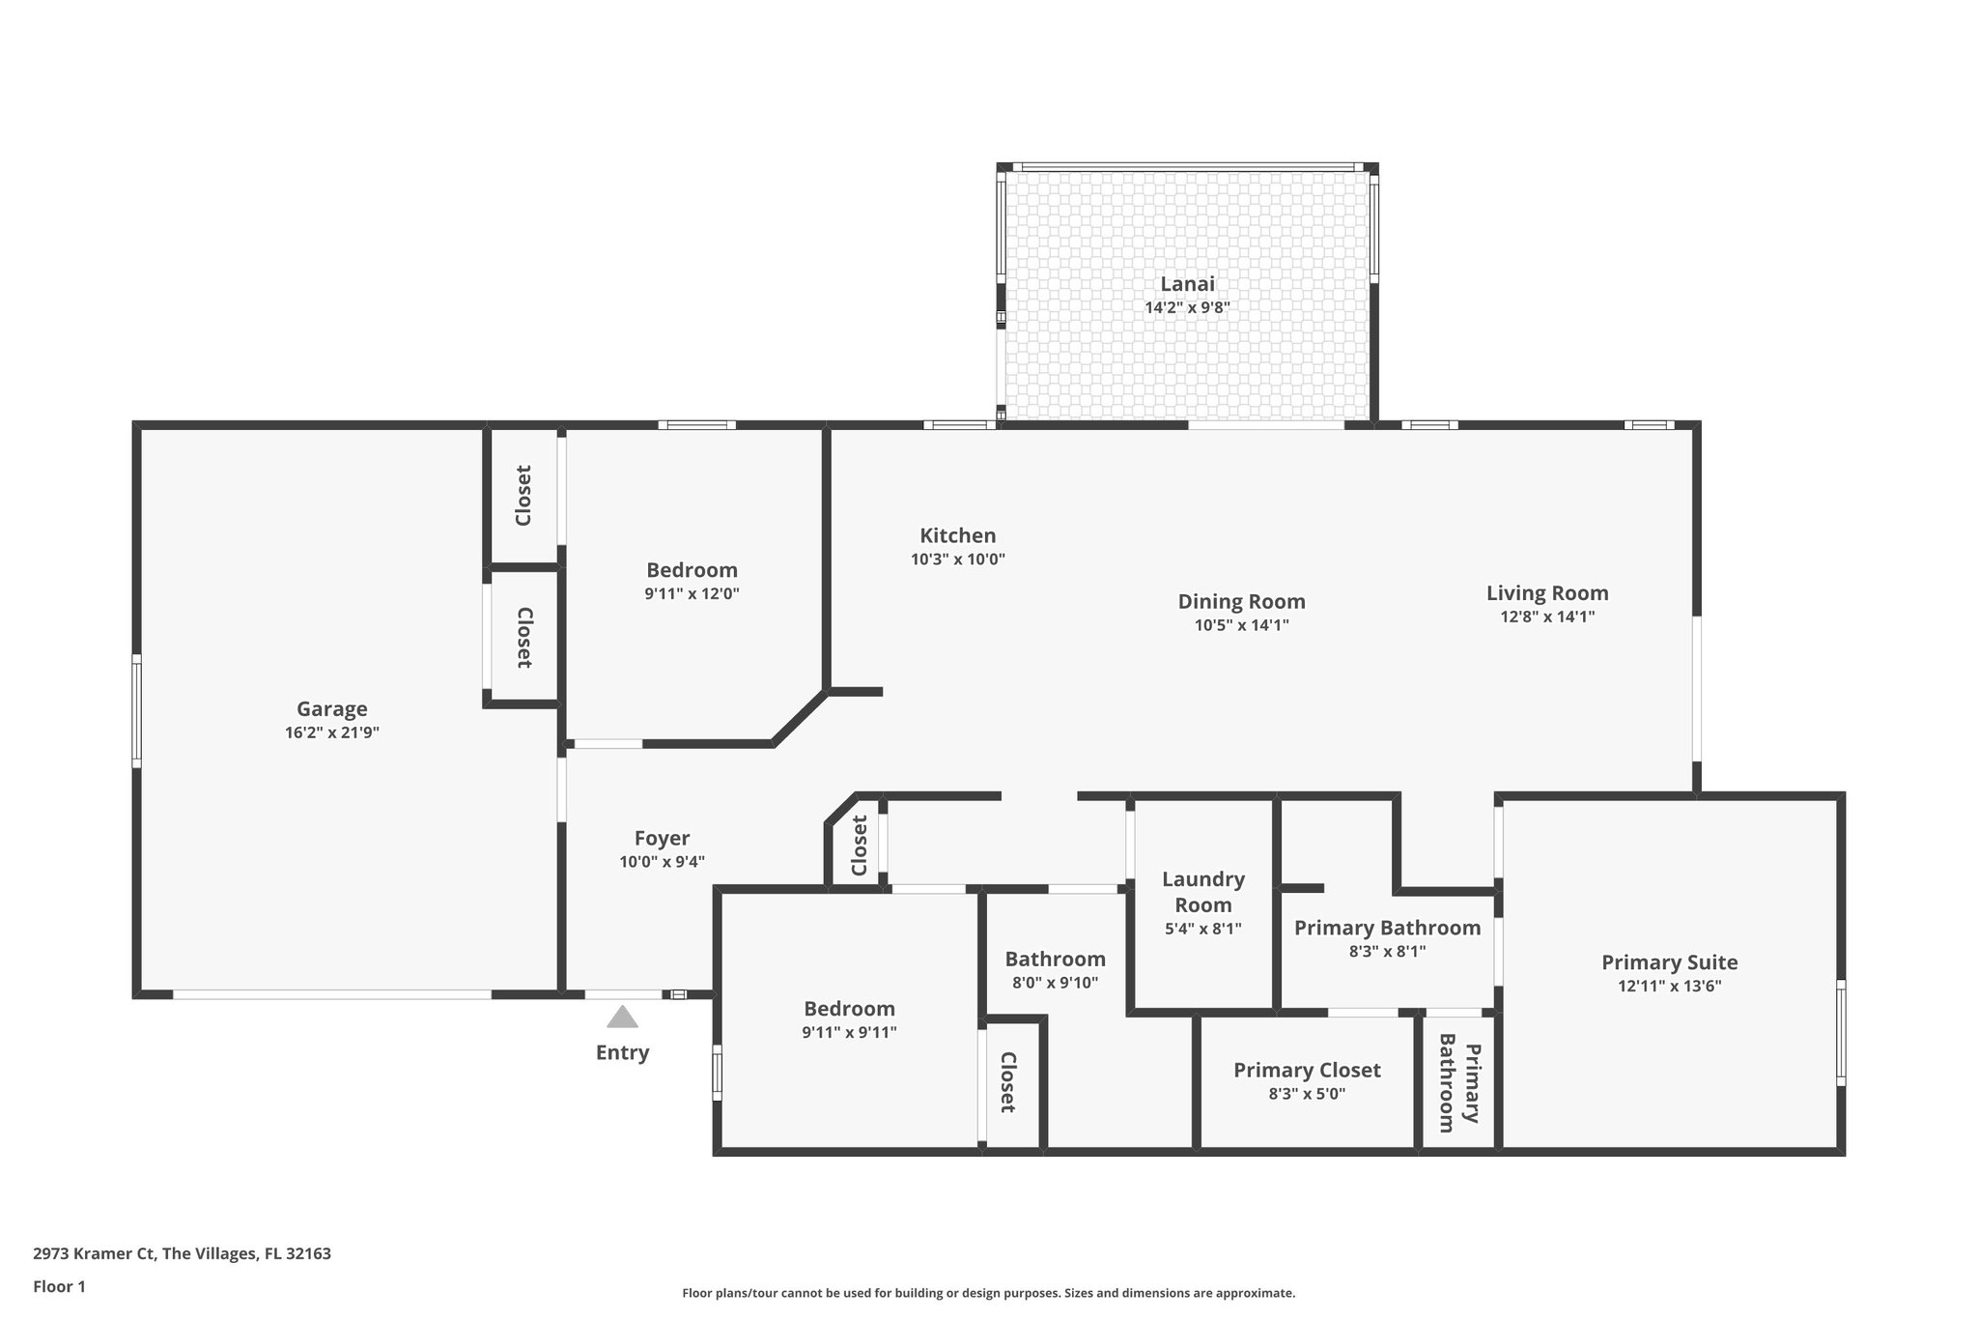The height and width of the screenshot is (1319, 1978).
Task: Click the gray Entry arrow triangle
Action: [622, 1018]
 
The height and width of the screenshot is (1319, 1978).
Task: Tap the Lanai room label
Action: [1187, 284]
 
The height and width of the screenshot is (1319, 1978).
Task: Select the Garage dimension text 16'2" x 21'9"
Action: [331, 732]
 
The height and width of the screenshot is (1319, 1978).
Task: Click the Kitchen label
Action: [957, 535]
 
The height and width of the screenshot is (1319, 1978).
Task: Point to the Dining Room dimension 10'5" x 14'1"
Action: [1241, 625]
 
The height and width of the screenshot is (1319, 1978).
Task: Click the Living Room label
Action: [1546, 593]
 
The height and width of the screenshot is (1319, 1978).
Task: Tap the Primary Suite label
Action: [1669, 962]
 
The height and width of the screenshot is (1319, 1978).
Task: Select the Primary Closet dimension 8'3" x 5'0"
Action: [1306, 1094]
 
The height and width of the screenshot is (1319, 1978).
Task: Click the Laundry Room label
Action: [1202, 892]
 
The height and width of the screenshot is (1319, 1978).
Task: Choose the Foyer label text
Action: [662, 839]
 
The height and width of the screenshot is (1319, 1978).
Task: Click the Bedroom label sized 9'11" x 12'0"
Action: [692, 570]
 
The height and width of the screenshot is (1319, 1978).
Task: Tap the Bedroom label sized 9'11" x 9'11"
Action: [849, 1009]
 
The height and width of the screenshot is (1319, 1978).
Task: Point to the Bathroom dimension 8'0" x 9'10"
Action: [1055, 983]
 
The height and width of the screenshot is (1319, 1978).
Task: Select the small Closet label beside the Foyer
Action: [859, 846]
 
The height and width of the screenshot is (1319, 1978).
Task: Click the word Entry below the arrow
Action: [622, 1052]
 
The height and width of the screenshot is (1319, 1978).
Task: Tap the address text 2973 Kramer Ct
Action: [95, 1254]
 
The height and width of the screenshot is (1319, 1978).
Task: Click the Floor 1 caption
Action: [59, 1286]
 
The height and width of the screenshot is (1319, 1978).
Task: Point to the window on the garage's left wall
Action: [136, 710]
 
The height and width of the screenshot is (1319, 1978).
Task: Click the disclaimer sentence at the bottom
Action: [988, 1293]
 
